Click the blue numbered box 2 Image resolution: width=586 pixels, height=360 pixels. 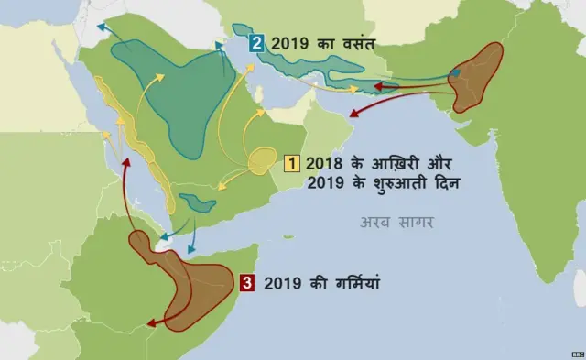[x=256, y=42]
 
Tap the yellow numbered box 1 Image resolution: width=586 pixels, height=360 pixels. [x=293, y=164]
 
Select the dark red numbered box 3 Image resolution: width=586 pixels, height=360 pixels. [x=246, y=284]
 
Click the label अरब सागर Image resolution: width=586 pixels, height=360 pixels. [x=396, y=223]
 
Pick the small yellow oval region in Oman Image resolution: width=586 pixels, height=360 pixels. [x=263, y=162]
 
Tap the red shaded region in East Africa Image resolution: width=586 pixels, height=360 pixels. [x=188, y=284]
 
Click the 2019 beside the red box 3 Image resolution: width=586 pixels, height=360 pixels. [x=282, y=284]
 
